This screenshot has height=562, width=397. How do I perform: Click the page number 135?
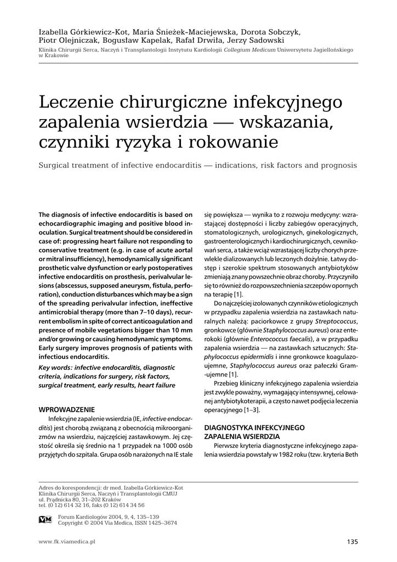[x=352, y=542]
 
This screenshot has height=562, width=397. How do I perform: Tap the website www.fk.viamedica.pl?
[x=67, y=542]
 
